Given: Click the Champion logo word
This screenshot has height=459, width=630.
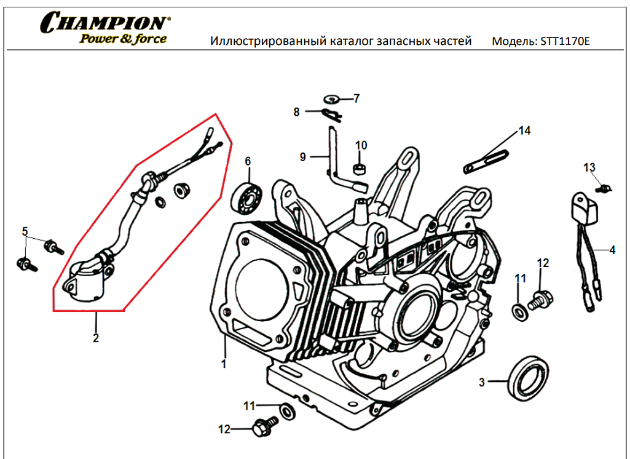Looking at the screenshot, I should [102, 23].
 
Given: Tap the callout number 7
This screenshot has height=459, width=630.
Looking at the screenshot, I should [356, 98].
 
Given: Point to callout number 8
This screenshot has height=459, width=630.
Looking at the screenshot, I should [296, 112].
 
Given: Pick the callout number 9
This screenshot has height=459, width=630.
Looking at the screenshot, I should [302, 157].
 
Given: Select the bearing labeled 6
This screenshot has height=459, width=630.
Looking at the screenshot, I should [248, 196].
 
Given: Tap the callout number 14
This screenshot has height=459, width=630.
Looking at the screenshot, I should [524, 130].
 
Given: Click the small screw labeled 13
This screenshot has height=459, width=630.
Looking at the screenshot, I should [606, 188].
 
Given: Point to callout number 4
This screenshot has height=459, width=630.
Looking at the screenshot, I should [612, 250].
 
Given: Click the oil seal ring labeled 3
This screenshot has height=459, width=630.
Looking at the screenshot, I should [527, 377].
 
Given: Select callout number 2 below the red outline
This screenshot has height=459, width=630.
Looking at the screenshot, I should [96, 337].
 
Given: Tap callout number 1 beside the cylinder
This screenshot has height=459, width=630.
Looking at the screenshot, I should [224, 364].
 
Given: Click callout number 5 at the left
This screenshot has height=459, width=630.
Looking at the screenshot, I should [25, 231].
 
